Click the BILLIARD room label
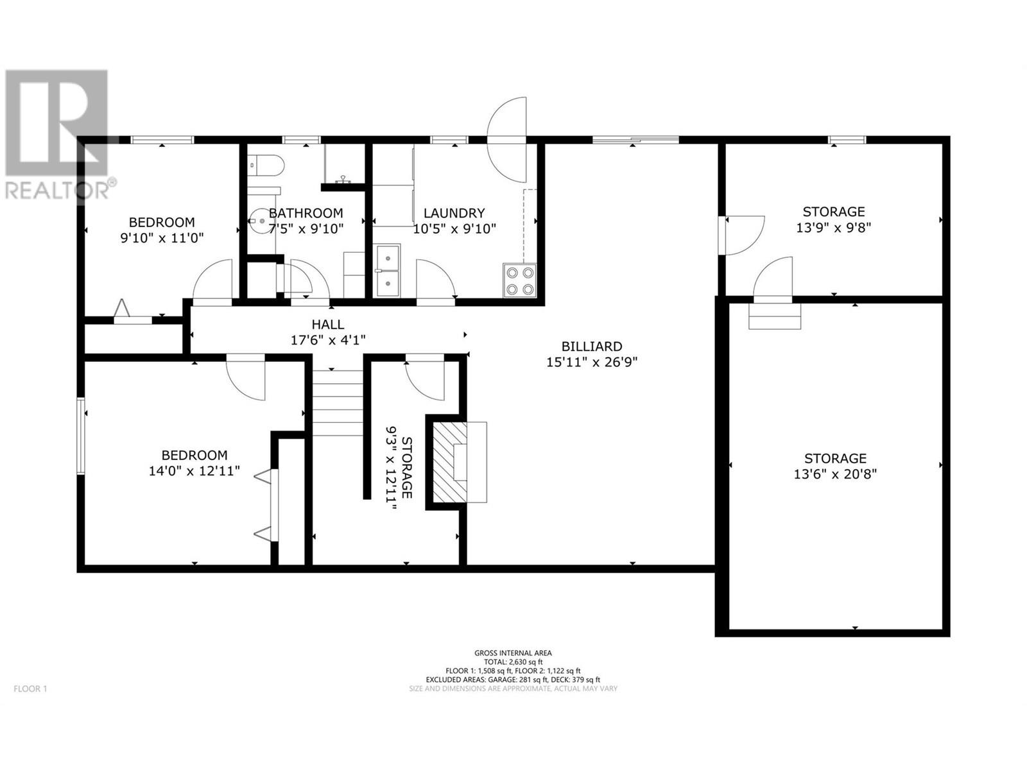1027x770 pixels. (x=591, y=346)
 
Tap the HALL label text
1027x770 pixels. (x=328, y=324)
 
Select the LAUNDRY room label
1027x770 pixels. (x=454, y=213)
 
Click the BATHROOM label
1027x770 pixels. (x=306, y=213)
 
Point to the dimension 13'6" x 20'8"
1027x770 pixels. (x=835, y=474)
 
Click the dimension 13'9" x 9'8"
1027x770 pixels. (x=833, y=228)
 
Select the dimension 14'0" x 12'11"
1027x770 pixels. (x=194, y=471)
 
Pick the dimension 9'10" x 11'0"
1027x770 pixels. (x=162, y=238)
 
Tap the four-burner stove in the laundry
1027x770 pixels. (x=519, y=280)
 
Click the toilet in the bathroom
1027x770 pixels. (x=265, y=166)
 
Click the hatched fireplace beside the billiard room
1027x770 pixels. (x=450, y=463)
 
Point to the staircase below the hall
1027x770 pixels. (x=338, y=402)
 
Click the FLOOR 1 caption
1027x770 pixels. (x=30, y=689)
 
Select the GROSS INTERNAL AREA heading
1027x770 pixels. (x=513, y=653)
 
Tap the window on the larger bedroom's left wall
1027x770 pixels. (x=81, y=436)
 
